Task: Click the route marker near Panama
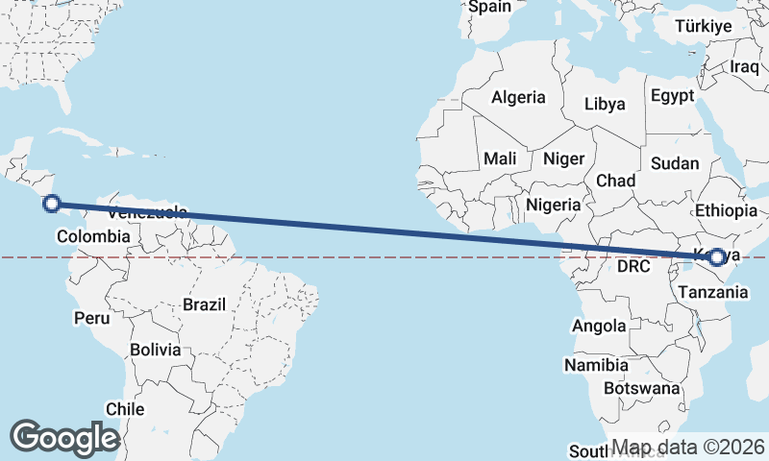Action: tap(52, 203)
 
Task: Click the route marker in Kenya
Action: tap(717, 256)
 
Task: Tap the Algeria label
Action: tap(518, 97)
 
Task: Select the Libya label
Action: tap(605, 104)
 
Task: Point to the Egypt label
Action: tap(672, 96)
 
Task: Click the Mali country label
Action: tap(500, 158)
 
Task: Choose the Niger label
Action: tap(563, 158)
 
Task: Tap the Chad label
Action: tap(615, 181)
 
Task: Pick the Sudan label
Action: tap(675, 163)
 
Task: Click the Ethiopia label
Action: tap(726, 210)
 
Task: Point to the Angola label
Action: tap(599, 327)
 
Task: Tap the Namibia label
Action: tap(596, 366)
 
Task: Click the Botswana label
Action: tap(641, 389)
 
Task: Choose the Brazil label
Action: tap(204, 304)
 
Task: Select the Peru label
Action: tap(91, 317)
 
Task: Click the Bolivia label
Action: tap(156, 350)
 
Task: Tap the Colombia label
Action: tap(93, 236)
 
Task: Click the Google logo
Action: tap(64, 438)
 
